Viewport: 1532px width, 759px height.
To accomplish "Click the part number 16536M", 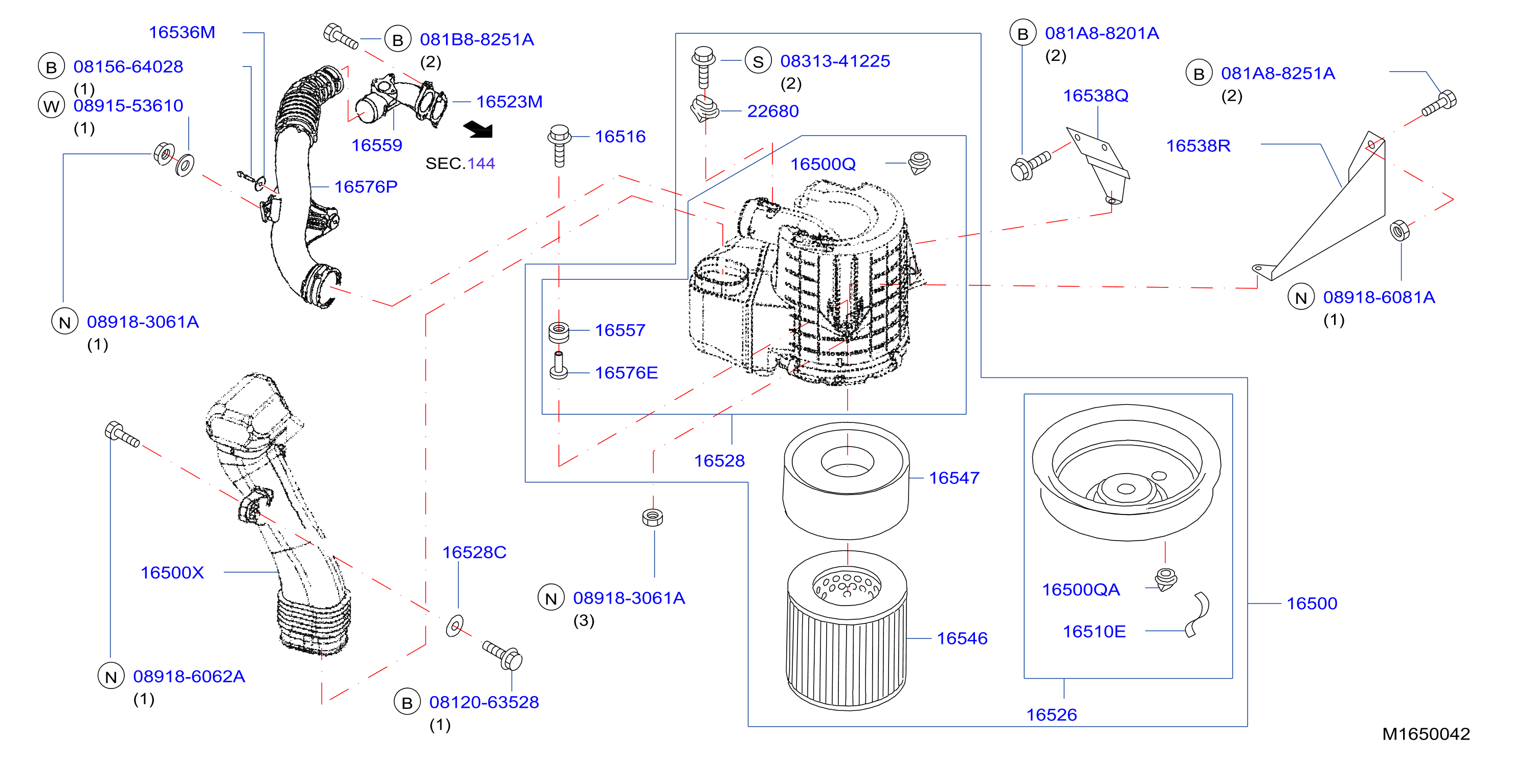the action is (x=182, y=32).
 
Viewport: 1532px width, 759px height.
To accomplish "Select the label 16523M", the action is (x=509, y=102).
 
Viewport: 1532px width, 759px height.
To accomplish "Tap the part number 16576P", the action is (x=366, y=187).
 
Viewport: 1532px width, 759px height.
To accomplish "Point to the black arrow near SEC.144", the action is (x=479, y=129).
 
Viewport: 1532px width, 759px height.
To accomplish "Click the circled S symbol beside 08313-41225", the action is (x=758, y=61).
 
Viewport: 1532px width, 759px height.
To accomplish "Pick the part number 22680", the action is (x=772, y=111).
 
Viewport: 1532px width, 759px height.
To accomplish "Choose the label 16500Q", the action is (x=823, y=164).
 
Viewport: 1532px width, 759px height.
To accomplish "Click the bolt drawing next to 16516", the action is (x=559, y=146).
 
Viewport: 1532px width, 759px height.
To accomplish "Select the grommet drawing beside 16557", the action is (x=559, y=331).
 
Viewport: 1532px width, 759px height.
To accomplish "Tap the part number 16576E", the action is (x=626, y=373).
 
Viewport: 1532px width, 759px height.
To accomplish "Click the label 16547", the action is (x=954, y=478).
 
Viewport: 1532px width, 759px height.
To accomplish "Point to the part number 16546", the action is (x=962, y=639).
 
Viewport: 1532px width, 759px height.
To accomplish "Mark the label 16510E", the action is (x=1094, y=632).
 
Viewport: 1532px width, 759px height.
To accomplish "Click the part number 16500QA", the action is (x=1081, y=590).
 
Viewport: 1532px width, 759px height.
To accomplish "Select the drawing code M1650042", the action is (x=1426, y=734).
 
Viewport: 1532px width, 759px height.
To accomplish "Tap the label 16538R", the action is (x=1198, y=146).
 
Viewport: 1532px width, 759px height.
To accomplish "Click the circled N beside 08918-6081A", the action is (x=1301, y=298).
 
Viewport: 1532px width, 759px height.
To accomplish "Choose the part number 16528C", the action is (x=474, y=552).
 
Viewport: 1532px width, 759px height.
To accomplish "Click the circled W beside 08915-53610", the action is (x=52, y=106).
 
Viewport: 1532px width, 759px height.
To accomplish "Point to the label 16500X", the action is (x=172, y=573).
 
